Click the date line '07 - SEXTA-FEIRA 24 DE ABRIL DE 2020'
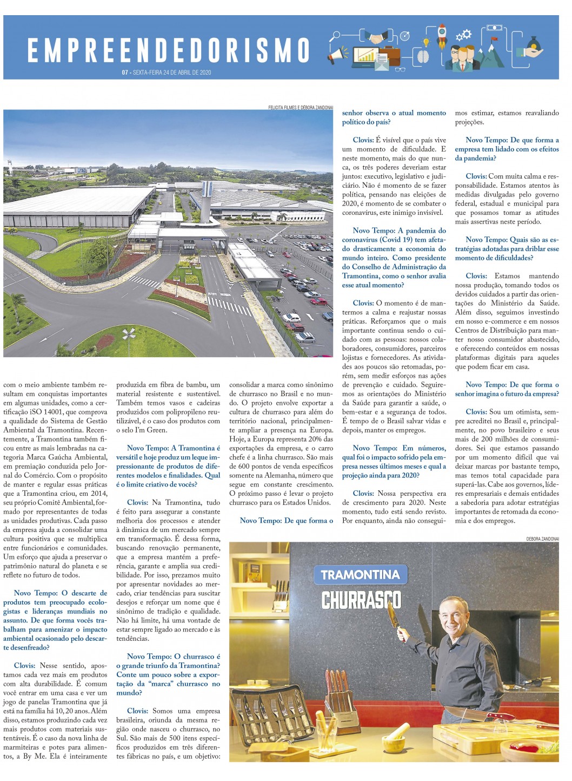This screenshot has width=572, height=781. pos(167,73)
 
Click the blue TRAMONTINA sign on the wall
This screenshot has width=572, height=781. pos(360,575)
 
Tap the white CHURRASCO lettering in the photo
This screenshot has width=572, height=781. pos(361,600)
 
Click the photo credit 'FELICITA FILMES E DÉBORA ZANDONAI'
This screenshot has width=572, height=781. pos(301,107)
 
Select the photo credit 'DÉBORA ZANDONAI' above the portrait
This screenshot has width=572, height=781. pos(542,539)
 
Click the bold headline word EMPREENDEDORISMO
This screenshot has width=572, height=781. pos(169,50)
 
